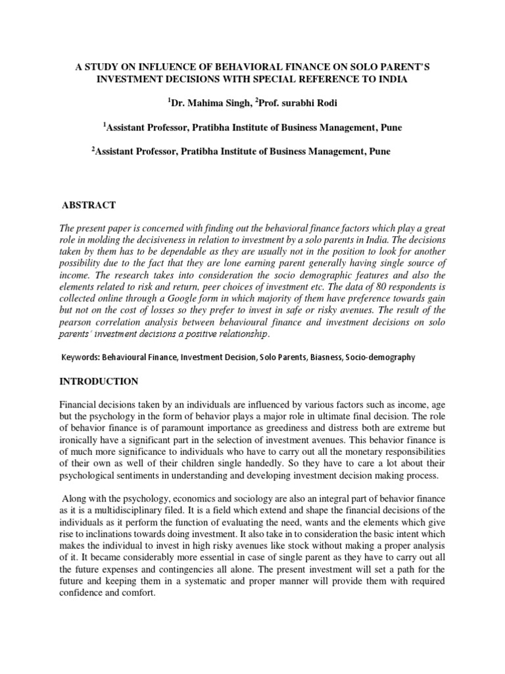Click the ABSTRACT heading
88,205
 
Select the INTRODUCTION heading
99,382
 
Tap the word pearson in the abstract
78,334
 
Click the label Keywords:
83,357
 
